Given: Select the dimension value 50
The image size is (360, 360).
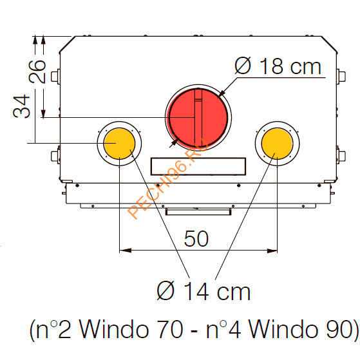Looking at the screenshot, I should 196,239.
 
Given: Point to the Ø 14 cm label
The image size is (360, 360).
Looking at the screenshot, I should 204,291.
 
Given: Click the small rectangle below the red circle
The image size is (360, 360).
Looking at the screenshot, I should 197,166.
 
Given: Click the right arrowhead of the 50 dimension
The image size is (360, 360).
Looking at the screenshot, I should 274,250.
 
